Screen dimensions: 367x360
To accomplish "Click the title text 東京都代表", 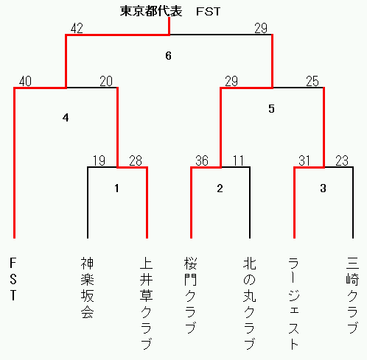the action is coord(151,11).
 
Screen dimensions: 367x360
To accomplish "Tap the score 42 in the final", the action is coord(77,28).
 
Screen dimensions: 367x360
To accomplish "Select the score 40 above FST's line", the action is coord(25,81).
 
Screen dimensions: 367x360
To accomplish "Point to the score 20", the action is coord(106,81).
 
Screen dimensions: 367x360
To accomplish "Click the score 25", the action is coord(312,81).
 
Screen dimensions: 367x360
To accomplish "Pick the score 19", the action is coord(99,160).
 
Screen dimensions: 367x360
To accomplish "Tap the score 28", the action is coord(136,160).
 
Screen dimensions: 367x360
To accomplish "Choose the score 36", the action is coord(202,160).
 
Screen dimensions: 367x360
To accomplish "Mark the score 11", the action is coord(238,160).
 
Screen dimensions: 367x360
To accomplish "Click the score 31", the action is coord(304,160).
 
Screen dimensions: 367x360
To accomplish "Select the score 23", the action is coord(342,160).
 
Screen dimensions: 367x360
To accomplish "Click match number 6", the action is coord(168,56).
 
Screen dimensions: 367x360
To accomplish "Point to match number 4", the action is coord(66,118).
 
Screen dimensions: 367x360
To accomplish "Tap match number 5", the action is coord(271,109).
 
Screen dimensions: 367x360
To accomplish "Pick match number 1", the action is coord(116,188).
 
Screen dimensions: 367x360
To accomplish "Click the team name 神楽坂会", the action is coord(87,288).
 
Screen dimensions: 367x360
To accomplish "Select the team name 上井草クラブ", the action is coord(146,303).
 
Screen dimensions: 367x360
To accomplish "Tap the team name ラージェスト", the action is coord(294,303).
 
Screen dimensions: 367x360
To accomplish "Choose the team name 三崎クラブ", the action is coord(352,295).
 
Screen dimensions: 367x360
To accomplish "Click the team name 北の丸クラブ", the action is coord(250,303).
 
